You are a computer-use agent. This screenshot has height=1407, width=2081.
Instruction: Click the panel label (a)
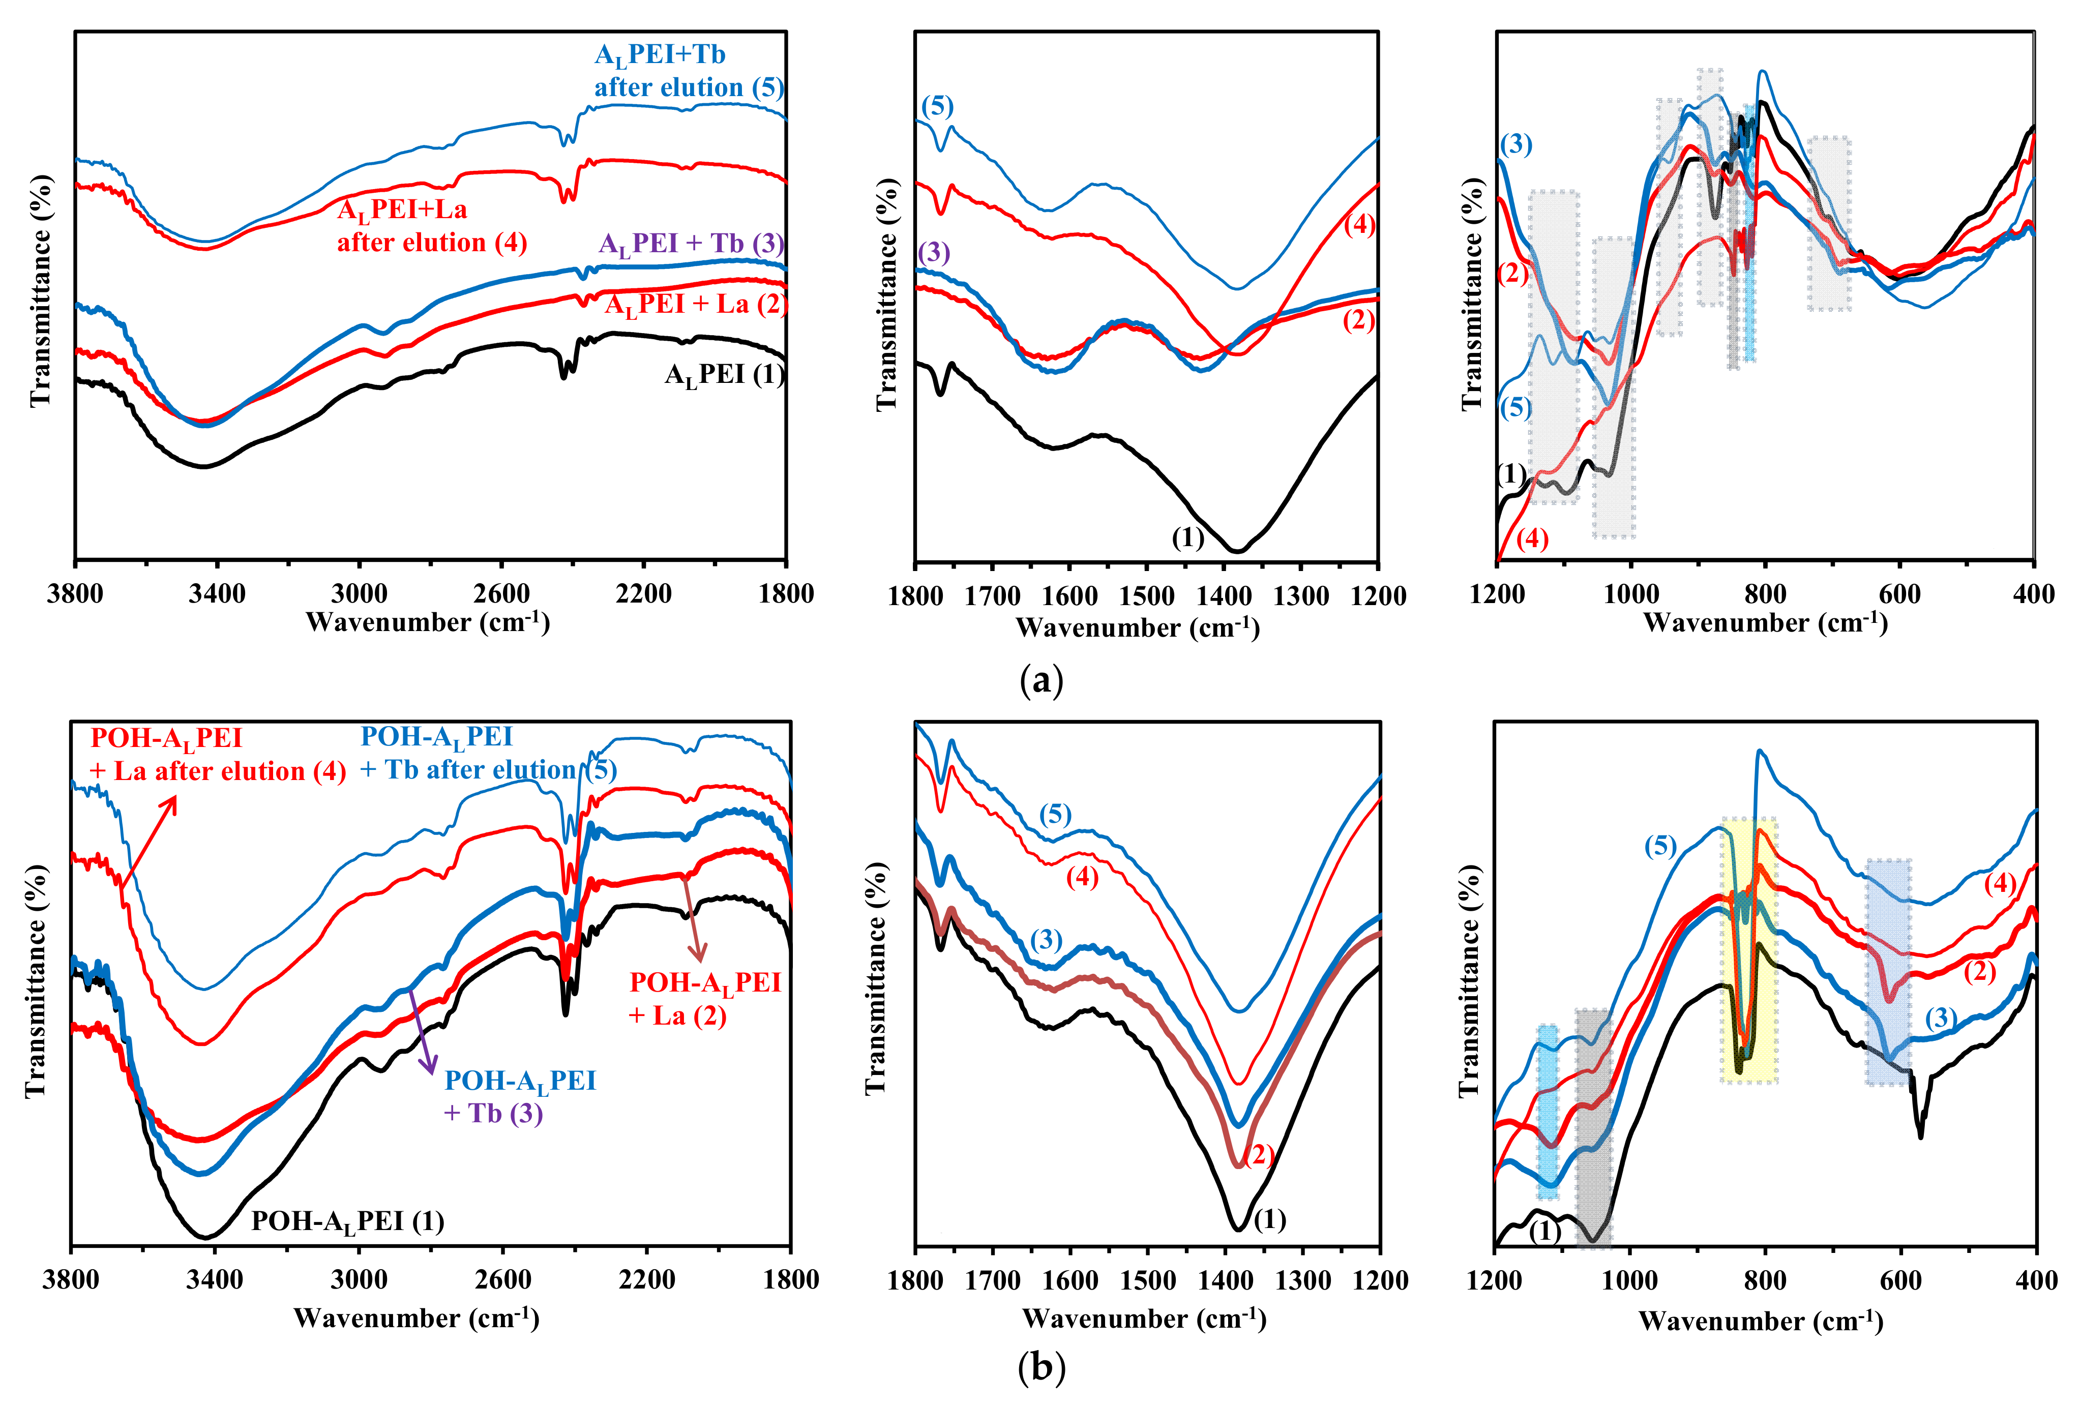tap(1042, 681)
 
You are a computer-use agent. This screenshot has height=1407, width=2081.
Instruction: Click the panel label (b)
tap(1042, 1368)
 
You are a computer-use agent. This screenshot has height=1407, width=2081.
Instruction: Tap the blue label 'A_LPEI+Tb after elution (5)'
tap(689, 71)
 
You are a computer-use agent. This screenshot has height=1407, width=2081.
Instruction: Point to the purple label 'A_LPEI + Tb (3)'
tap(691, 245)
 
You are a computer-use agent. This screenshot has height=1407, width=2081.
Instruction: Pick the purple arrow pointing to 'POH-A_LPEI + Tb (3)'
tap(422, 1030)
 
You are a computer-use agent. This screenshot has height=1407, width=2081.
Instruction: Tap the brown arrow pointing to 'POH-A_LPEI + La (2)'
tap(695, 917)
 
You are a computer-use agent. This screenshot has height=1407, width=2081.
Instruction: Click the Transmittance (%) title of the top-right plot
tap(1472, 295)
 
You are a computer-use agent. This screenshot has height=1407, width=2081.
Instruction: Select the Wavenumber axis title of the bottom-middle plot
tap(1144, 1319)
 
